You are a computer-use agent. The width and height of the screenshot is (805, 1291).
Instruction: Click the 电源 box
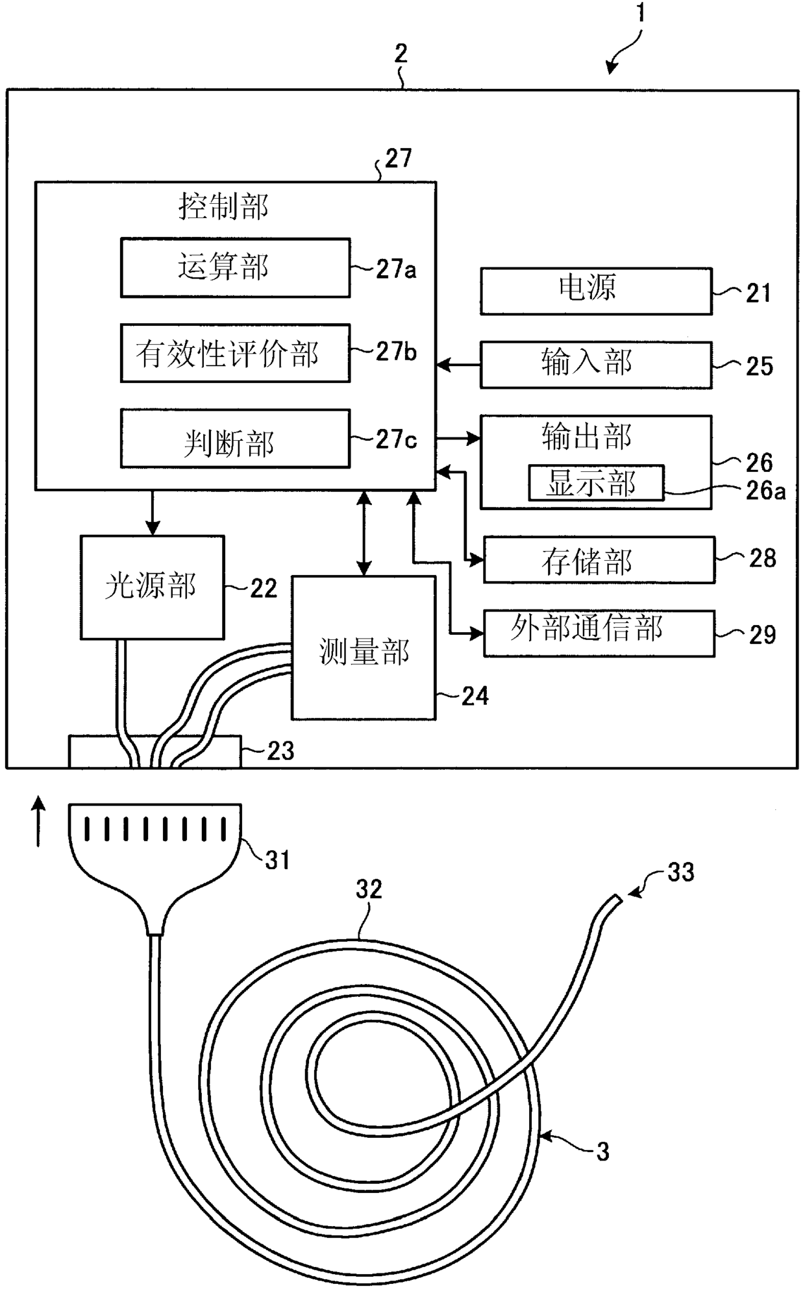(x=596, y=291)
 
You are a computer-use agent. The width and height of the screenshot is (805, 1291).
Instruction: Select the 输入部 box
(x=596, y=365)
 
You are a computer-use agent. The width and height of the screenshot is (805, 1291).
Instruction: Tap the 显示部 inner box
(x=596, y=482)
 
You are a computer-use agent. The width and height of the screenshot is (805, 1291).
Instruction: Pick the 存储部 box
(x=599, y=559)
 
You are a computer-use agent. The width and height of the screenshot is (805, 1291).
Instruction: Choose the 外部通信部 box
(x=599, y=633)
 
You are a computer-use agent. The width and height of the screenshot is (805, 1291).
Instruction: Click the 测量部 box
(x=364, y=648)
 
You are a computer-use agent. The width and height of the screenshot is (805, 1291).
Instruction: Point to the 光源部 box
(x=153, y=587)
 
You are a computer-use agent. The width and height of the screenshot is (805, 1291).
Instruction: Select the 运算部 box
(x=235, y=267)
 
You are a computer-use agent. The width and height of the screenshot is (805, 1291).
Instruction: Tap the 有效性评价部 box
(x=235, y=353)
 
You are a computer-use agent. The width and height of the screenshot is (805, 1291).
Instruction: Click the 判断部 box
(x=235, y=438)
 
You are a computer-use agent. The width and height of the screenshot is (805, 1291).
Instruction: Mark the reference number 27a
(x=396, y=269)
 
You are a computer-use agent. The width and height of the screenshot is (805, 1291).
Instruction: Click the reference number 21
(x=758, y=293)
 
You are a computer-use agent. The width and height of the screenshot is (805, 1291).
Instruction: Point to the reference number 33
(x=681, y=872)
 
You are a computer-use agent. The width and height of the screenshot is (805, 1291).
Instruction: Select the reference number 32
(x=369, y=889)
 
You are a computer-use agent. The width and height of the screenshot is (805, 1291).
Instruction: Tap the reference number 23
(x=280, y=751)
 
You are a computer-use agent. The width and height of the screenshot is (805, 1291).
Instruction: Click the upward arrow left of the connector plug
(x=39, y=822)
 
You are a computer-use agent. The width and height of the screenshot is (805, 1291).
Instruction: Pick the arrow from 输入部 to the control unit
(x=458, y=365)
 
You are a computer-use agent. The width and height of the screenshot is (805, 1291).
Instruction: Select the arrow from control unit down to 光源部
(x=153, y=512)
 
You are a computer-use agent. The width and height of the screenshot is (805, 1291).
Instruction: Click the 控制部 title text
(x=223, y=206)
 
